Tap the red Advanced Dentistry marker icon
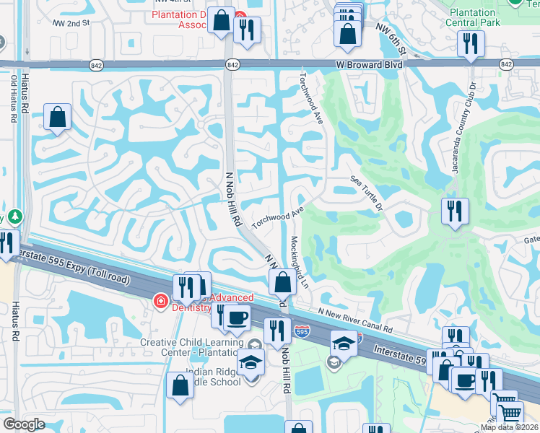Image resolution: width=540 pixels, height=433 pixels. point(159,300)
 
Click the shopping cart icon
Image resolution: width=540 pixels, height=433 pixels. point(510,414)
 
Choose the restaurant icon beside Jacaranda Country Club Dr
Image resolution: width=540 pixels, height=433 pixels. point(454,211)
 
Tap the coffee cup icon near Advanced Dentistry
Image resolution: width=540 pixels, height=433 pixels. point(235,317)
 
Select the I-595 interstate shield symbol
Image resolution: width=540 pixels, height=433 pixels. point(302,332)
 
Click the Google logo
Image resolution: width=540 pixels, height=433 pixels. point(24,424)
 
